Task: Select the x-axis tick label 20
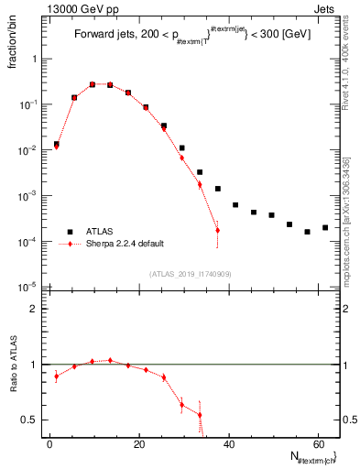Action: (x=138, y=444)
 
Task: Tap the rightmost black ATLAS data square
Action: (x=325, y=227)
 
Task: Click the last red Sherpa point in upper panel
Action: (x=217, y=230)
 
